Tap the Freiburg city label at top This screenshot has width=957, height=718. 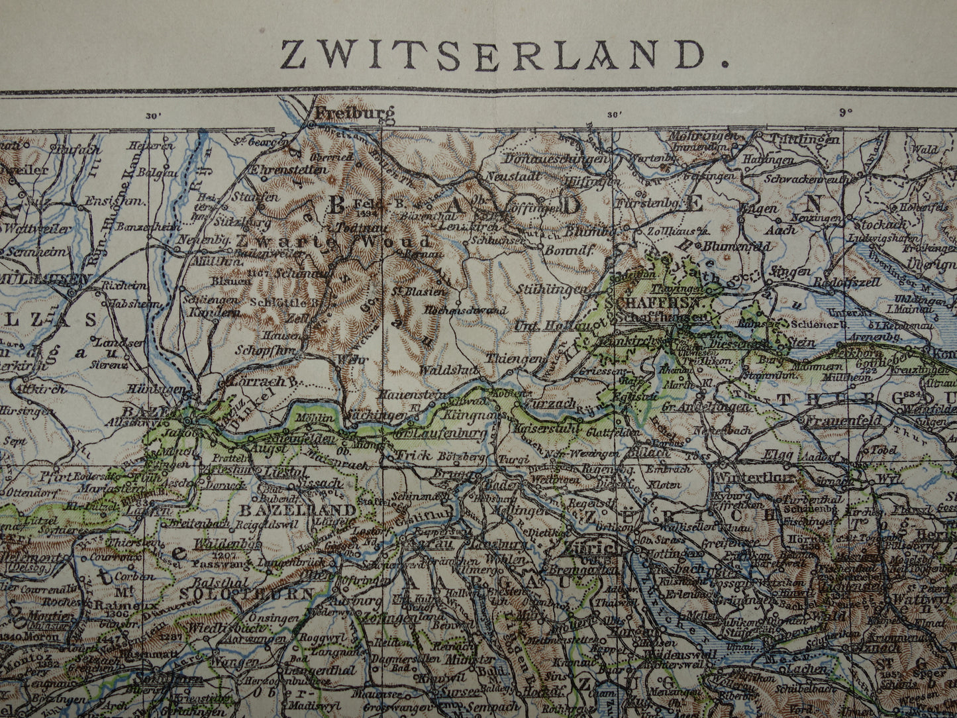[x=354, y=113]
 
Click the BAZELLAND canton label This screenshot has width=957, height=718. [x=297, y=511]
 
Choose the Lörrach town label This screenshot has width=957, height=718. [x=256, y=382]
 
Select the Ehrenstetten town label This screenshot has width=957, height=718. [x=287, y=170]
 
